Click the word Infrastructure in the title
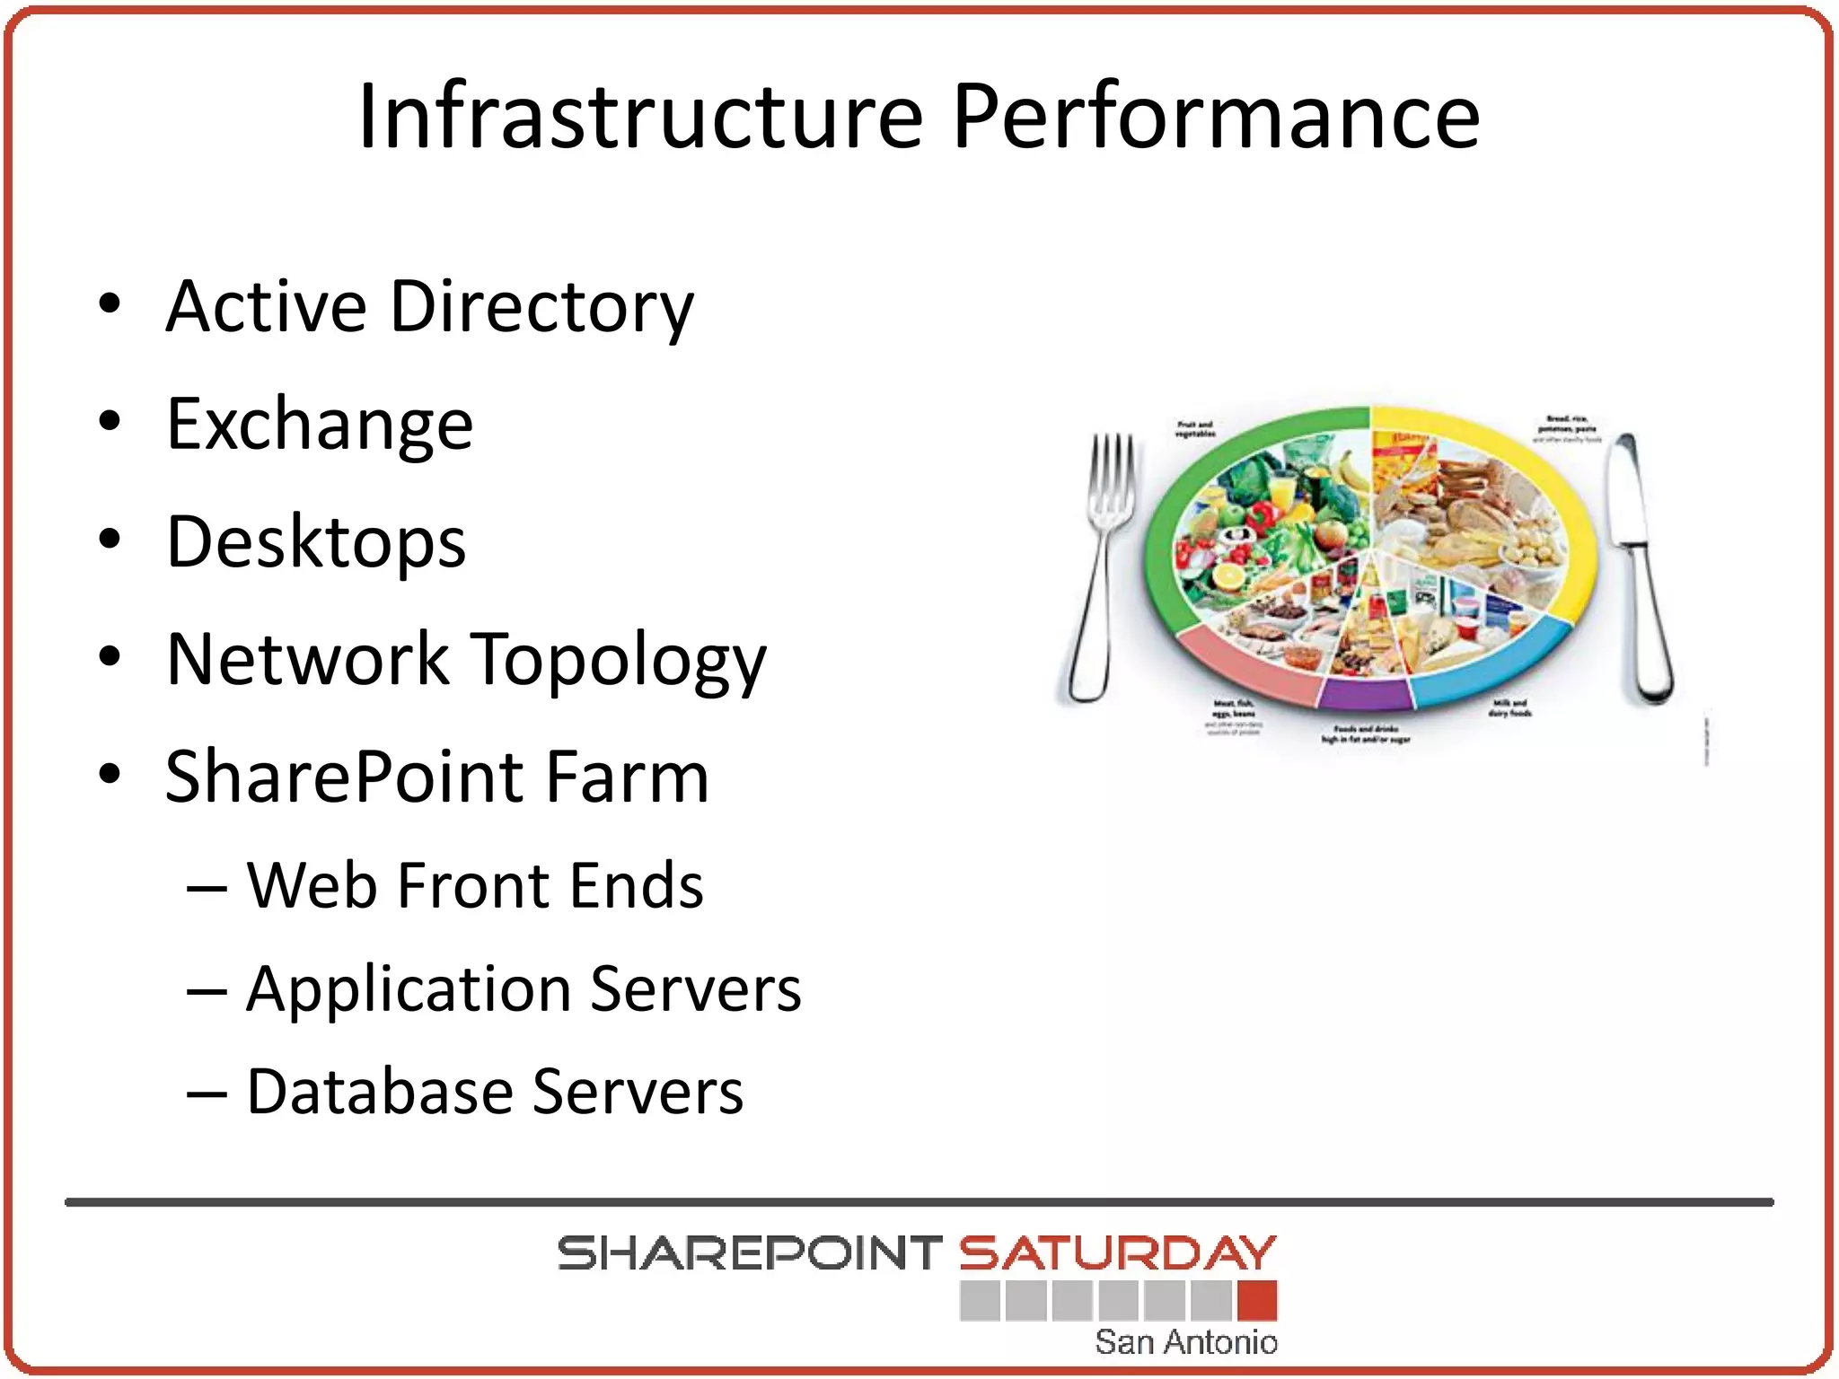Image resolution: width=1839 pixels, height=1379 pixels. (x=640, y=117)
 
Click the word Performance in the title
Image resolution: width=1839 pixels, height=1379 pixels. (x=1216, y=117)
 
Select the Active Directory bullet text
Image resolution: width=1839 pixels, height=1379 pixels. (x=429, y=307)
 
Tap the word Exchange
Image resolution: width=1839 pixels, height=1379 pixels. (x=320, y=425)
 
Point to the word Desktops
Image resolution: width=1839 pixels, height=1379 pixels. (x=316, y=542)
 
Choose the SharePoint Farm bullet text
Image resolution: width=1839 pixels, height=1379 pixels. (x=437, y=777)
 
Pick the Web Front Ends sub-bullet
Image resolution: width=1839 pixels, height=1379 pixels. (x=474, y=886)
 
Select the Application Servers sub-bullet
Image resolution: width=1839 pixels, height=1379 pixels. (x=524, y=989)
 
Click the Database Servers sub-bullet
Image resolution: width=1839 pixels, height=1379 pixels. (x=495, y=1093)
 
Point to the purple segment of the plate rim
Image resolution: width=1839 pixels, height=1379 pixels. (x=1366, y=695)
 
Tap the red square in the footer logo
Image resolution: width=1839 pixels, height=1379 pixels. (x=1256, y=1301)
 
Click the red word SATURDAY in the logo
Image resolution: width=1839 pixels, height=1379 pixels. (x=1117, y=1254)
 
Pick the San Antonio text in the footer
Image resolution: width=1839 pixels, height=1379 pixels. (x=1185, y=1342)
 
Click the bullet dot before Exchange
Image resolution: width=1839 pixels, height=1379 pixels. (x=110, y=421)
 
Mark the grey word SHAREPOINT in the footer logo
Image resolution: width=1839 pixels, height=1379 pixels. (x=749, y=1254)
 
